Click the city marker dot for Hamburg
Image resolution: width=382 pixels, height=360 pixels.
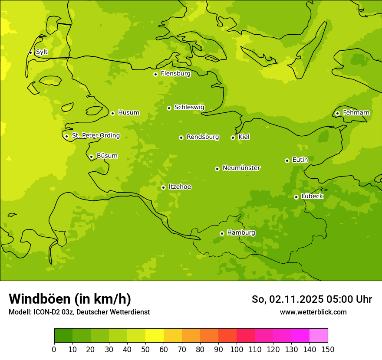pos(222,233)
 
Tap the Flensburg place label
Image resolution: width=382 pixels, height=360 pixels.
pos(175,74)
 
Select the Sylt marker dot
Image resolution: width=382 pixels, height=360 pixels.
pos(30,52)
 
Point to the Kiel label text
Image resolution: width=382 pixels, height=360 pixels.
pos(244,137)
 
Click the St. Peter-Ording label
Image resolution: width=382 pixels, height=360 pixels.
pos(95,136)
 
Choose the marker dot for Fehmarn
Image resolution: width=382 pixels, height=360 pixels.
pos(337,113)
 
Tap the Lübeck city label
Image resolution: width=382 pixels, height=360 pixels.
pos(312,196)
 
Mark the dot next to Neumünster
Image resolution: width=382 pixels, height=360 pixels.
pos(217,169)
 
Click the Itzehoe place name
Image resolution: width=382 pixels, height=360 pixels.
pos(180,187)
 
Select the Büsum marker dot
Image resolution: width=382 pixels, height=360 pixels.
pos(91,157)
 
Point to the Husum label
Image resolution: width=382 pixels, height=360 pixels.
pos(128,113)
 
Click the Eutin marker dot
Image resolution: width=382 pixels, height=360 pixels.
pos(287,160)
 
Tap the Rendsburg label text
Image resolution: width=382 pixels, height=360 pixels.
pos(203,137)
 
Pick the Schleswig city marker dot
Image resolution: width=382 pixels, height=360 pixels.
pos(169,108)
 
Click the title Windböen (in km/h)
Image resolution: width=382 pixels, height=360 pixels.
pos(70,299)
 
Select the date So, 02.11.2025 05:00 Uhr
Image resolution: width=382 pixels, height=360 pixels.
pos(312,299)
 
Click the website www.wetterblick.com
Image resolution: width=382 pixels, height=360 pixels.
pos(313,312)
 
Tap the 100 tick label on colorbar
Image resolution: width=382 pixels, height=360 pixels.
pos(237,349)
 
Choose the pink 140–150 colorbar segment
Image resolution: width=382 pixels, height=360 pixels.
pos(319,336)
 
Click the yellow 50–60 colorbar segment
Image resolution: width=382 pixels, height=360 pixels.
pos(155,336)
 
